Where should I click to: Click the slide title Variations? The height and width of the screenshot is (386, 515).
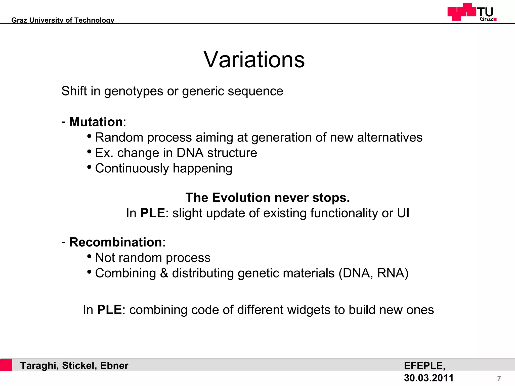pos(254,60)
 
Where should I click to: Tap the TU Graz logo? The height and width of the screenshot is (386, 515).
pos(472,12)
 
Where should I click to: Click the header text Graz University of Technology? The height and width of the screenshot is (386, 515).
pos(63,20)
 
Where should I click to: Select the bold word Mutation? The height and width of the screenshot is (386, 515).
pos(96,122)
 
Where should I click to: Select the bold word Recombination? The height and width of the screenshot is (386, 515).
pos(116,242)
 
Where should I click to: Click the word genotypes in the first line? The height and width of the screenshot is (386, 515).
pos(134,91)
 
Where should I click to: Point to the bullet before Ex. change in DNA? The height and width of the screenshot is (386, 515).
pos(89,152)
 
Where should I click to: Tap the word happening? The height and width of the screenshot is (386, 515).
pos(202,168)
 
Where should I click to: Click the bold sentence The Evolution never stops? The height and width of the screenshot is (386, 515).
pos(268,198)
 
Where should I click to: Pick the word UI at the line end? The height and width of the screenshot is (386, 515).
pos(403,213)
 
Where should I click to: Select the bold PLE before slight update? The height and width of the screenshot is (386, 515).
pos(152,213)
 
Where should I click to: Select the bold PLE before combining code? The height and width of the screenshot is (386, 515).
pos(109,310)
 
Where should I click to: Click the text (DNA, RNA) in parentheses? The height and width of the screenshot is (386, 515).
pos(373,273)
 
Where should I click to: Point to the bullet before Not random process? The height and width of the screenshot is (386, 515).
pos(89,257)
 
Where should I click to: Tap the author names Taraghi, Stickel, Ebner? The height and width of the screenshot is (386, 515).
pos(74,365)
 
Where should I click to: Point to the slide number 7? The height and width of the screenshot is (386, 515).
pos(499,379)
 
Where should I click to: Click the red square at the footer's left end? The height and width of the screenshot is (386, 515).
pos(6,365)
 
